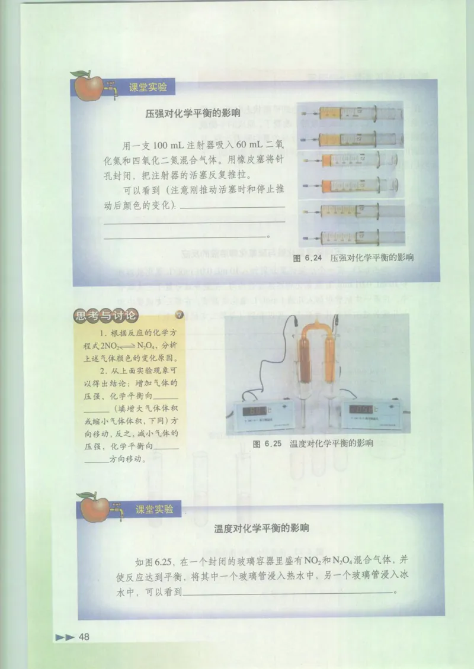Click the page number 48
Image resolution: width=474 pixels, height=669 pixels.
coord(84,637)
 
